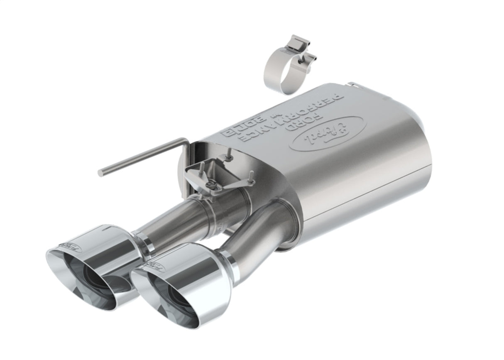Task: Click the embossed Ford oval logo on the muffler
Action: coord(326,133)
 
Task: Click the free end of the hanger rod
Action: coord(101,172)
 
